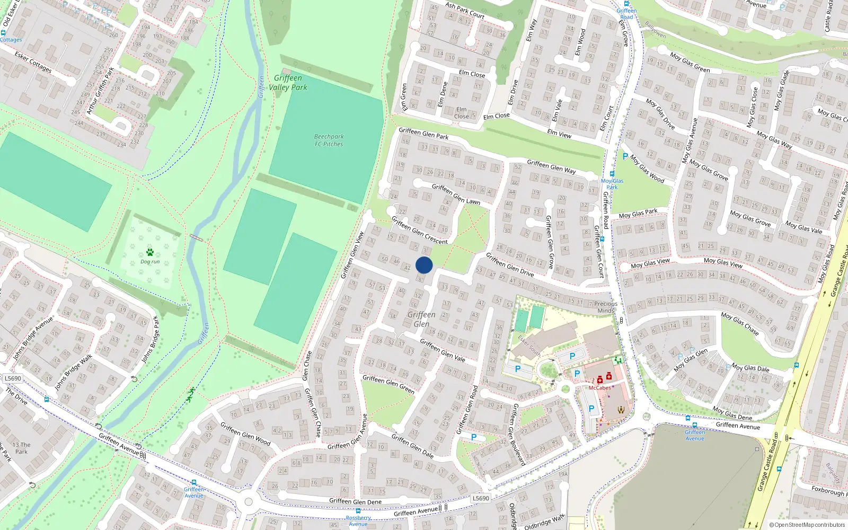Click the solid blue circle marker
[424, 265]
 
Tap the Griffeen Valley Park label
[288, 83]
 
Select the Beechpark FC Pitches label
[329, 140]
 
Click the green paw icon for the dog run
[150, 252]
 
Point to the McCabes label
[599, 388]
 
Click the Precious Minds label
[606, 307]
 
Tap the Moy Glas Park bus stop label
[612, 184]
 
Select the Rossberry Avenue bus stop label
[358, 521]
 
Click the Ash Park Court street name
[465, 10]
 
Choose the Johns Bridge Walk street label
[73, 372]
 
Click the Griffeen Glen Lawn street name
[456, 194]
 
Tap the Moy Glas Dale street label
[750, 368]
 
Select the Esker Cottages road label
[33, 63]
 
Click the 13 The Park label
[21, 448]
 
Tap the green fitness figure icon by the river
[190, 395]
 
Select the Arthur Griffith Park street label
[100, 91]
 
